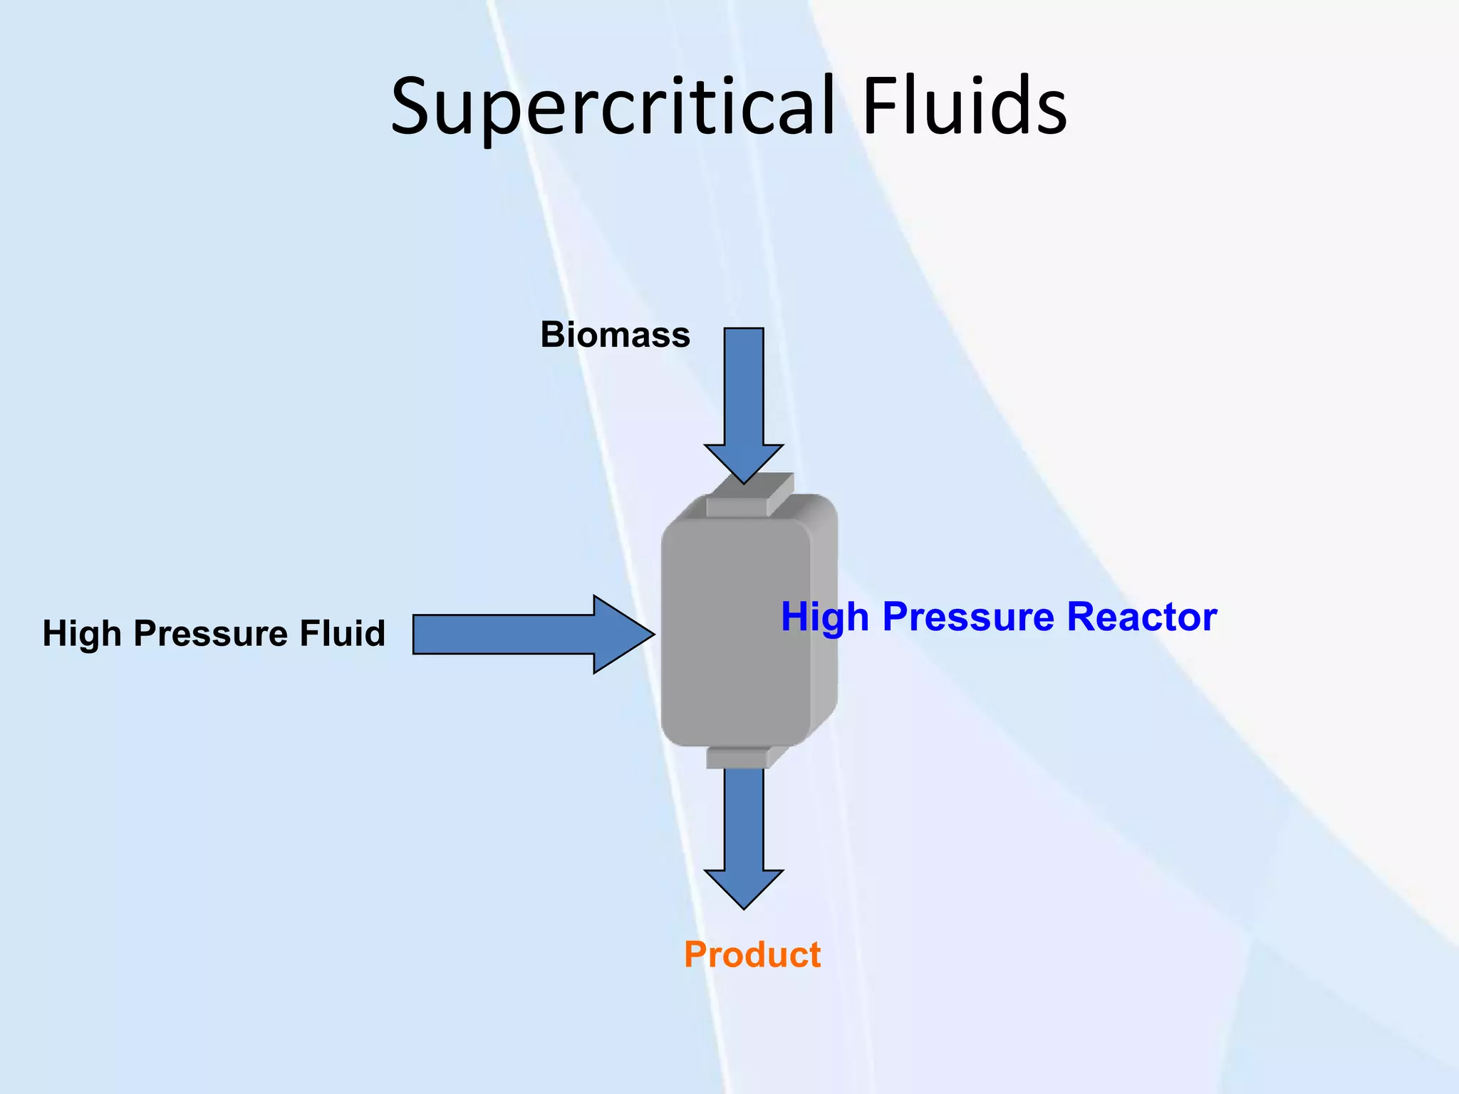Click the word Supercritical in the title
tap(613, 107)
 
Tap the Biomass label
tap(615, 335)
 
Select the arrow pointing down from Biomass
tap(744, 399)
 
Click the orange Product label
tap(752, 954)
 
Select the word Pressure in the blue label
tap(969, 617)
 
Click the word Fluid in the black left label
tap(342, 633)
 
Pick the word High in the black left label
tap(81, 633)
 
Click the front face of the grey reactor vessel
tap(734, 634)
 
